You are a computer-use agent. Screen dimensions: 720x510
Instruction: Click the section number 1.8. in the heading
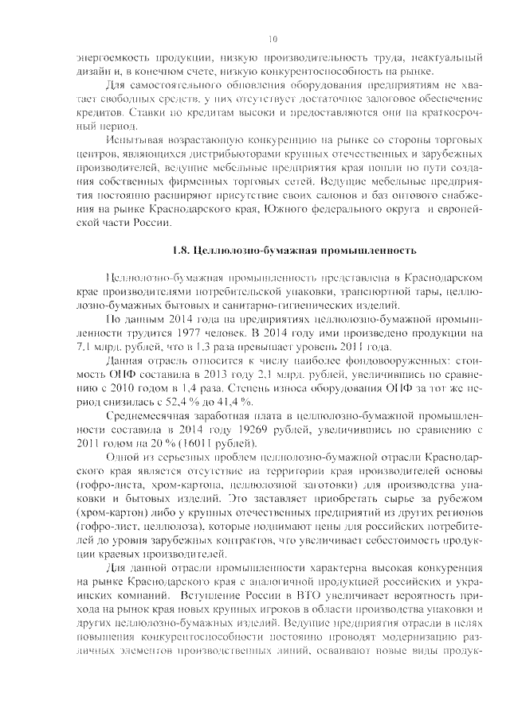pyautogui.click(x=182, y=251)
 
